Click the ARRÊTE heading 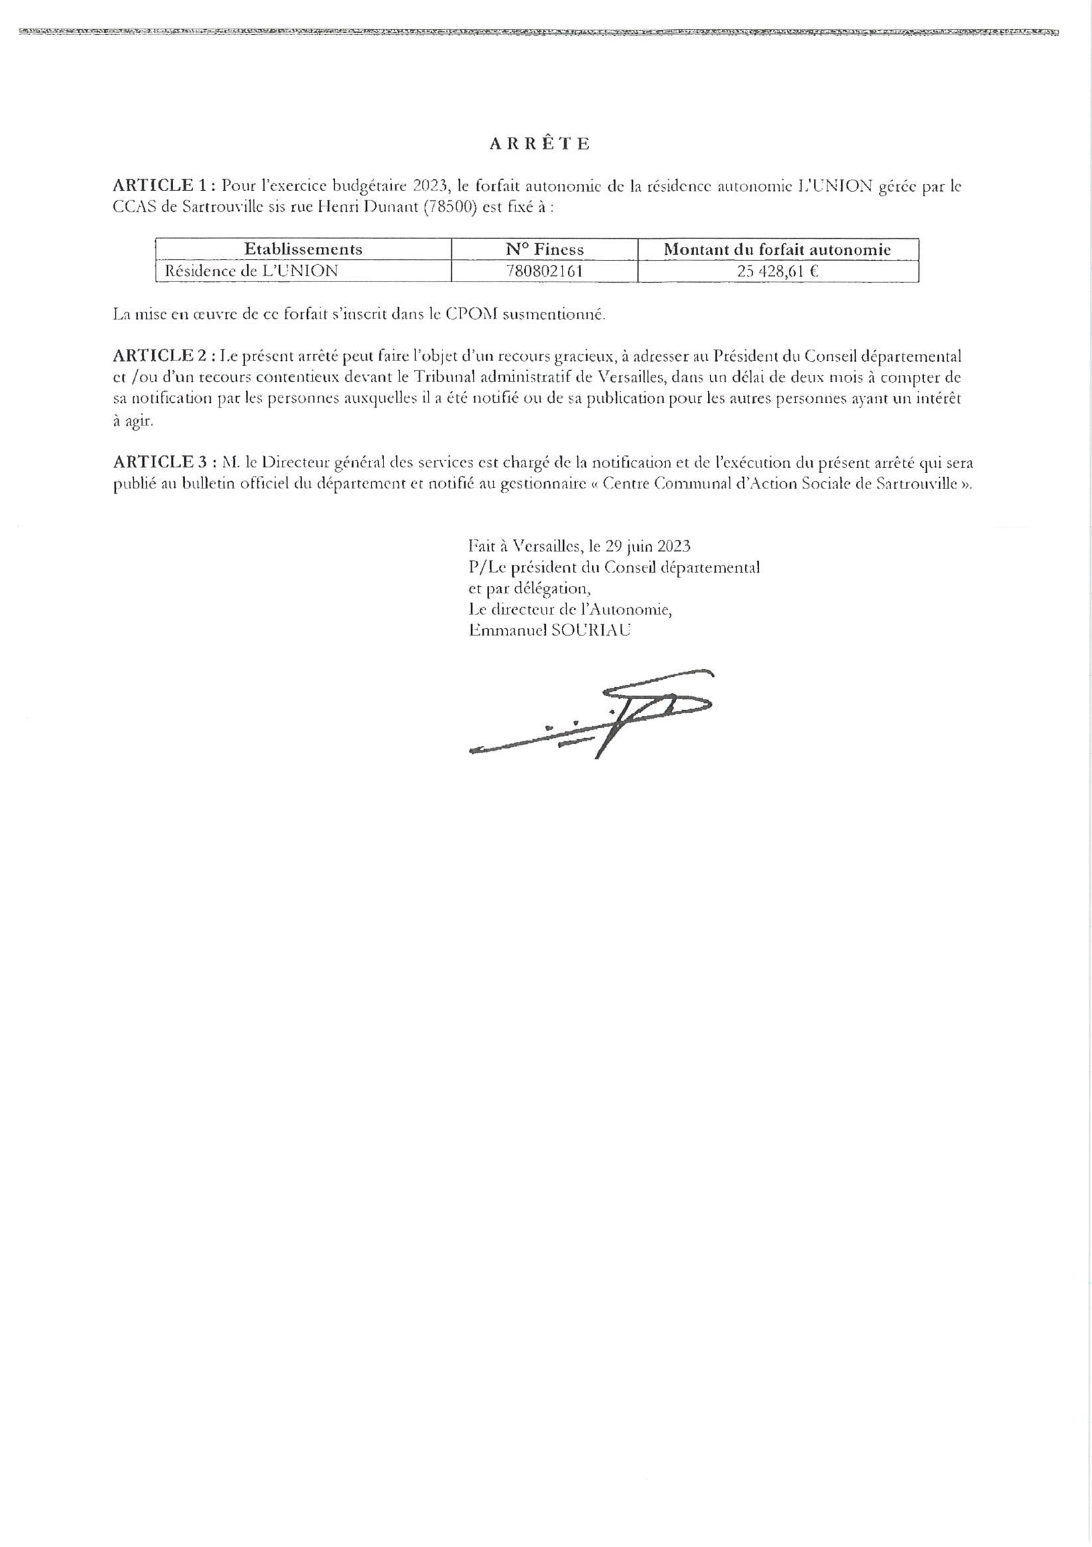pos(539,144)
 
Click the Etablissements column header pos(303,250)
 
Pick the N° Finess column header pos(544,250)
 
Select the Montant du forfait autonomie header pos(778,250)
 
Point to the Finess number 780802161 pos(544,271)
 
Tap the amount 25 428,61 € pos(778,271)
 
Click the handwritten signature pos(593,714)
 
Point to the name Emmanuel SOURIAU pos(550,630)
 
